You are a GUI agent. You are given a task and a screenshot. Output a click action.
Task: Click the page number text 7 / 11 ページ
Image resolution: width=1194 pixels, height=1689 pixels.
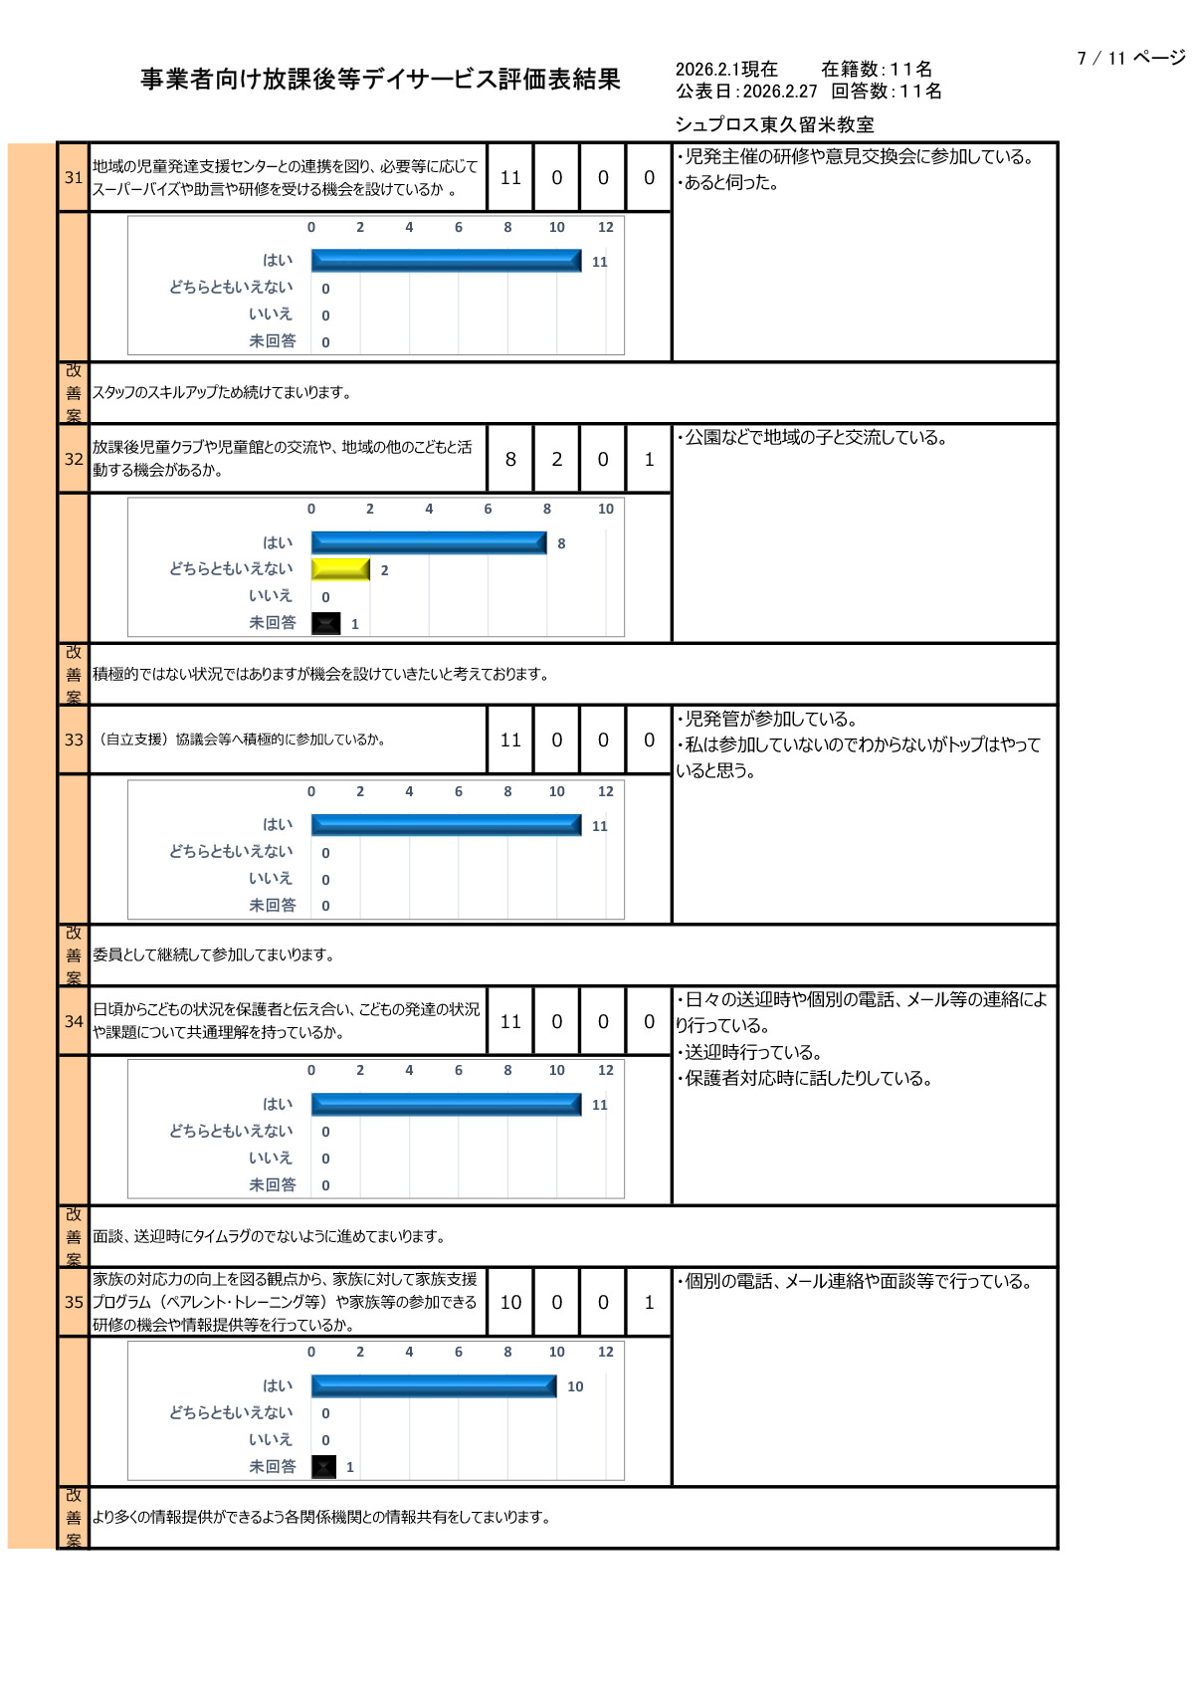tap(1130, 58)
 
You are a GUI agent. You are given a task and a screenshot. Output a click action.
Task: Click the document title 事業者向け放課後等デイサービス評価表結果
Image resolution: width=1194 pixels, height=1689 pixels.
tap(380, 80)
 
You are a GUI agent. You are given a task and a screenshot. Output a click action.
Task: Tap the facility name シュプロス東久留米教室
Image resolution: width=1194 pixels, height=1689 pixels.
tap(774, 124)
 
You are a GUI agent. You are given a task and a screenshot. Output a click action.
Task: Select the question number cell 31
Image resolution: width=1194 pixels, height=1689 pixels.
tap(74, 177)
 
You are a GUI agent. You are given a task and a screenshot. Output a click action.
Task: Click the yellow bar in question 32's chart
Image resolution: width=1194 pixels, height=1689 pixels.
tap(340, 569)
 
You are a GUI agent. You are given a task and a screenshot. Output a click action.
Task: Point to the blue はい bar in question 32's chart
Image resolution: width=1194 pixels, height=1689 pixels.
tap(429, 542)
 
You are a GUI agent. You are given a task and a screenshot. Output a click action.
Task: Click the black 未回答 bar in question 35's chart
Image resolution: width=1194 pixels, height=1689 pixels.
tap(324, 1466)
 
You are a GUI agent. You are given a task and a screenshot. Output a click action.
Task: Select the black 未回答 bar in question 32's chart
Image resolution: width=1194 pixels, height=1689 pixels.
tap(326, 623)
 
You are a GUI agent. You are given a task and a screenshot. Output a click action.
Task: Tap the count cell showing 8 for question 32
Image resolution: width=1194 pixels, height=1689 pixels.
tap(510, 459)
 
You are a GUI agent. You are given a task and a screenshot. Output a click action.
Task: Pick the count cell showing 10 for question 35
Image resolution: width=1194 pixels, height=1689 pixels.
tap(510, 1302)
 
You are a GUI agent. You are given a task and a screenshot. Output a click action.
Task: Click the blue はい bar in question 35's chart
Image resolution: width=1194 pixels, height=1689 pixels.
tap(434, 1385)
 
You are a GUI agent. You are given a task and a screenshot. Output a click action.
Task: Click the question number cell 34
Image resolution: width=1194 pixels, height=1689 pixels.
tap(74, 1021)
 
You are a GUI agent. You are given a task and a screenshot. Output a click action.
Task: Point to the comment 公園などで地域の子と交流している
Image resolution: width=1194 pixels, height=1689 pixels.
tap(813, 438)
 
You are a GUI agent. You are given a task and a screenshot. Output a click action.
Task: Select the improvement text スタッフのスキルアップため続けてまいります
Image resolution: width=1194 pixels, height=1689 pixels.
tap(222, 392)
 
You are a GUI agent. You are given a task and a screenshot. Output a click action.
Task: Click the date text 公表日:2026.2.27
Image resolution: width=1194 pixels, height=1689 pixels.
tap(746, 92)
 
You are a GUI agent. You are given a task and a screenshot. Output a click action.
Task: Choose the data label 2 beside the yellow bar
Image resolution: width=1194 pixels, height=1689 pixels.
tap(384, 570)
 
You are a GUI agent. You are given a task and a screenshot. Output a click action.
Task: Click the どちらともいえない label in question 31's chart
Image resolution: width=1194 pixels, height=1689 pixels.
tap(231, 287)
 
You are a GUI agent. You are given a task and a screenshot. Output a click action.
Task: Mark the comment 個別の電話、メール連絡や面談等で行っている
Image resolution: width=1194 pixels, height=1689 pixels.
tap(856, 1282)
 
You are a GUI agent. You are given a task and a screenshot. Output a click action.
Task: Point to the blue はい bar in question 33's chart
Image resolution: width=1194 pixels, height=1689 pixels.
tap(446, 825)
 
